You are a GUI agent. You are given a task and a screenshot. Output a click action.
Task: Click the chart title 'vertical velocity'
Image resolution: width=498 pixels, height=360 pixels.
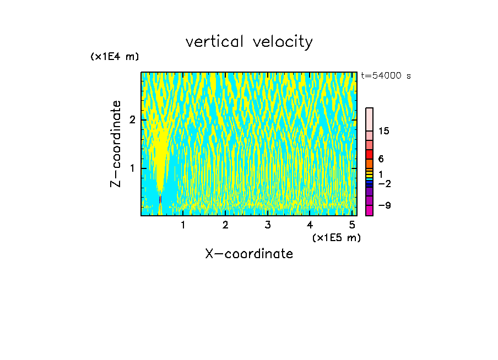(x=249, y=42)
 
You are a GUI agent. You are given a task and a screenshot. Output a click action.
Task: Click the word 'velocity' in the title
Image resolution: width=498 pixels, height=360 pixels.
(x=282, y=42)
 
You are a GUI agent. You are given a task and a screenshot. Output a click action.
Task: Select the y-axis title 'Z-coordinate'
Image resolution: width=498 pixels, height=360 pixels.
(x=116, y=144)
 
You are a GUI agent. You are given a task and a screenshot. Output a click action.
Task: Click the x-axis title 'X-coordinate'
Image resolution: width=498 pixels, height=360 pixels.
(x=249, y=254)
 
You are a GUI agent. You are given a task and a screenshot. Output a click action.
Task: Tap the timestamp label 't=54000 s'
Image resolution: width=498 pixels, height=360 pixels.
(x=386, y=76)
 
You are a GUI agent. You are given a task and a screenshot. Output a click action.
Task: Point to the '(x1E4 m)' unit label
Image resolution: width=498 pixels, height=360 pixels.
(x=115, y=57)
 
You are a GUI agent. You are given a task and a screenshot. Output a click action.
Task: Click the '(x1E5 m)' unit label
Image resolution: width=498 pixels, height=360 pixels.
(x=336, y=237)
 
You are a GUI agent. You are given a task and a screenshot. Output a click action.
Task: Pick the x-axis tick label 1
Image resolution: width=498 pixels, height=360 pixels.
(x=183, y=225)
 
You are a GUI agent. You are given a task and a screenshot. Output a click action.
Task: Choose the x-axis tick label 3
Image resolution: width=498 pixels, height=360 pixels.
(x=268, y=225)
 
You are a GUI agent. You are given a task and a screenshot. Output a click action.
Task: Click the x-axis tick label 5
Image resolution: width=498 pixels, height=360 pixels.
(x=352, y=225)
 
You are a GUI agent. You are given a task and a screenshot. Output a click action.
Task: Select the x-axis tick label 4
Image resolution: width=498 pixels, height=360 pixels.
(x=310, y=225)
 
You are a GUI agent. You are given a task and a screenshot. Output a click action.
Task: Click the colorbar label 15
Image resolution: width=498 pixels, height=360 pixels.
(x=384, y=131)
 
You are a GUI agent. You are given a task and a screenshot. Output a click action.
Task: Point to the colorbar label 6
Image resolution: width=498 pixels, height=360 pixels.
(x=381, y=159)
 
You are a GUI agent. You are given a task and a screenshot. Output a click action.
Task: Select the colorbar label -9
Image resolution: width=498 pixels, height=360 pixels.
(x=384, y=205)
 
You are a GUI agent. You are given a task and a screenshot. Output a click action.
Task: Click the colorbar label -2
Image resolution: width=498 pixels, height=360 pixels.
(x=384, y=183)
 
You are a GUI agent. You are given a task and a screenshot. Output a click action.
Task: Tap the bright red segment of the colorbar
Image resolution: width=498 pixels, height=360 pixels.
(x=369, y=154)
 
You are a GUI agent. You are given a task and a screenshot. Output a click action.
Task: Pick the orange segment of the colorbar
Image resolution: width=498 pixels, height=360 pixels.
(x=369, y=163)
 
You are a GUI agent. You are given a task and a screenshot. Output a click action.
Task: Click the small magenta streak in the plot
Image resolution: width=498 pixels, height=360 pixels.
(x=160, y=200)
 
